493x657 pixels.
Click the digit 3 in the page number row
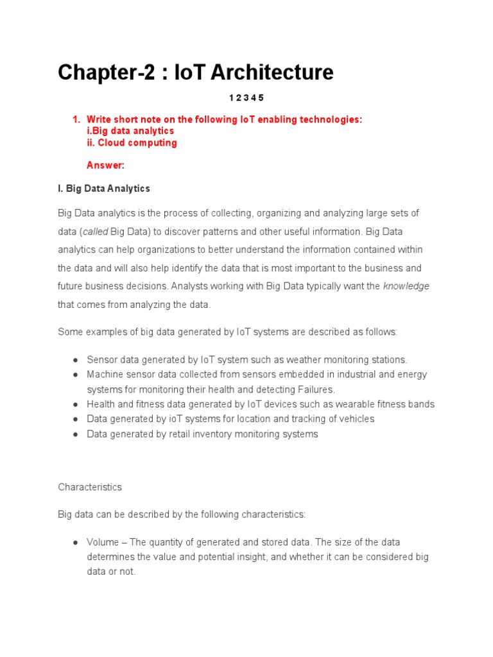246,98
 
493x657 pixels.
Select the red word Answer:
105,166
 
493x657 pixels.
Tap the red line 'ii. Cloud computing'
132,142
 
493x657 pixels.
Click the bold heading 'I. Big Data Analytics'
104,189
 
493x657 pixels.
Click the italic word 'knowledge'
406,286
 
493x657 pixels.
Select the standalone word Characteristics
90,487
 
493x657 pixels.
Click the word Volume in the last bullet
103,542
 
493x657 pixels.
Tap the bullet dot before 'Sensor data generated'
76,360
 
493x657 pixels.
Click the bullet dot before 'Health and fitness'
76,404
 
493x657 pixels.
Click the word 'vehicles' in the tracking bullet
356,419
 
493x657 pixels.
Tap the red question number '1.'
76,119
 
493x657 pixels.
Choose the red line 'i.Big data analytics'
130,131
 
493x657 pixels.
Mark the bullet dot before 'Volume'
76,542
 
